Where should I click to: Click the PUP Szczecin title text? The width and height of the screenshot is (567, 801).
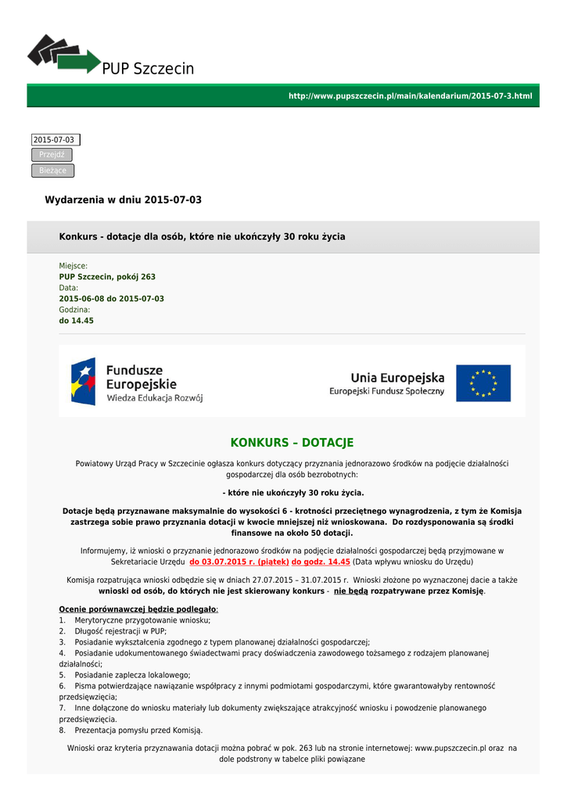(148, 69)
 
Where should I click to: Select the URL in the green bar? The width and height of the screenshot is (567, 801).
(410, 95)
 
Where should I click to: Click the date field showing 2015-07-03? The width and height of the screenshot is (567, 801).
(55, 139)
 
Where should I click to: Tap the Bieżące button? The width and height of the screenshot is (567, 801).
(52, 171)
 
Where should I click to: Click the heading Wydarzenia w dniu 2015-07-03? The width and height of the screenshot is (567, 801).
(123, 199)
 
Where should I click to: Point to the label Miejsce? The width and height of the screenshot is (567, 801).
(74, 266)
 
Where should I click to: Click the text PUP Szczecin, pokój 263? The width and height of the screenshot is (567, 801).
(107, 277)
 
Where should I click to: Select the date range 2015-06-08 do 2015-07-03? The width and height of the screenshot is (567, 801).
(111, 299)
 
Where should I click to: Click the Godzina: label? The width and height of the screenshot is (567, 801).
(74, 310)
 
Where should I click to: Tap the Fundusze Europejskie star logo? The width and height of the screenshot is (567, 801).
(84, 381)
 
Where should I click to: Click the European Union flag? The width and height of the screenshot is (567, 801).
(483, 383)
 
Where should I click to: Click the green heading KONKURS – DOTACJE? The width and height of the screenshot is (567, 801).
(292, 443)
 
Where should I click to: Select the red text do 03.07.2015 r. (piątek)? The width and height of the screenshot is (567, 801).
(239, 562)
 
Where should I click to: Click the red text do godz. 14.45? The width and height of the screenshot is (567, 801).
(321, 562)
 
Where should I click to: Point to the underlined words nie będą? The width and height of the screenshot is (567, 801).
(350, 591)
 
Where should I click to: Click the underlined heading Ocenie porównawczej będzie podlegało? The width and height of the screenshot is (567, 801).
(138, 609)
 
